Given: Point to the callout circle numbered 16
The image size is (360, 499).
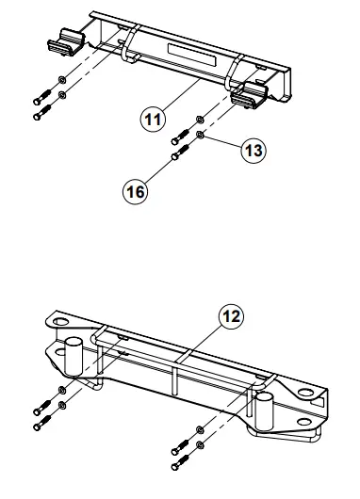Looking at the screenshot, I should tap(138, 191).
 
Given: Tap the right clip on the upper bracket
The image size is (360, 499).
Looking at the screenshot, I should tap(252, 93).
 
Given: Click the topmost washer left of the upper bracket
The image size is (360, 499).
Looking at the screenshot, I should tap(61, 79).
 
